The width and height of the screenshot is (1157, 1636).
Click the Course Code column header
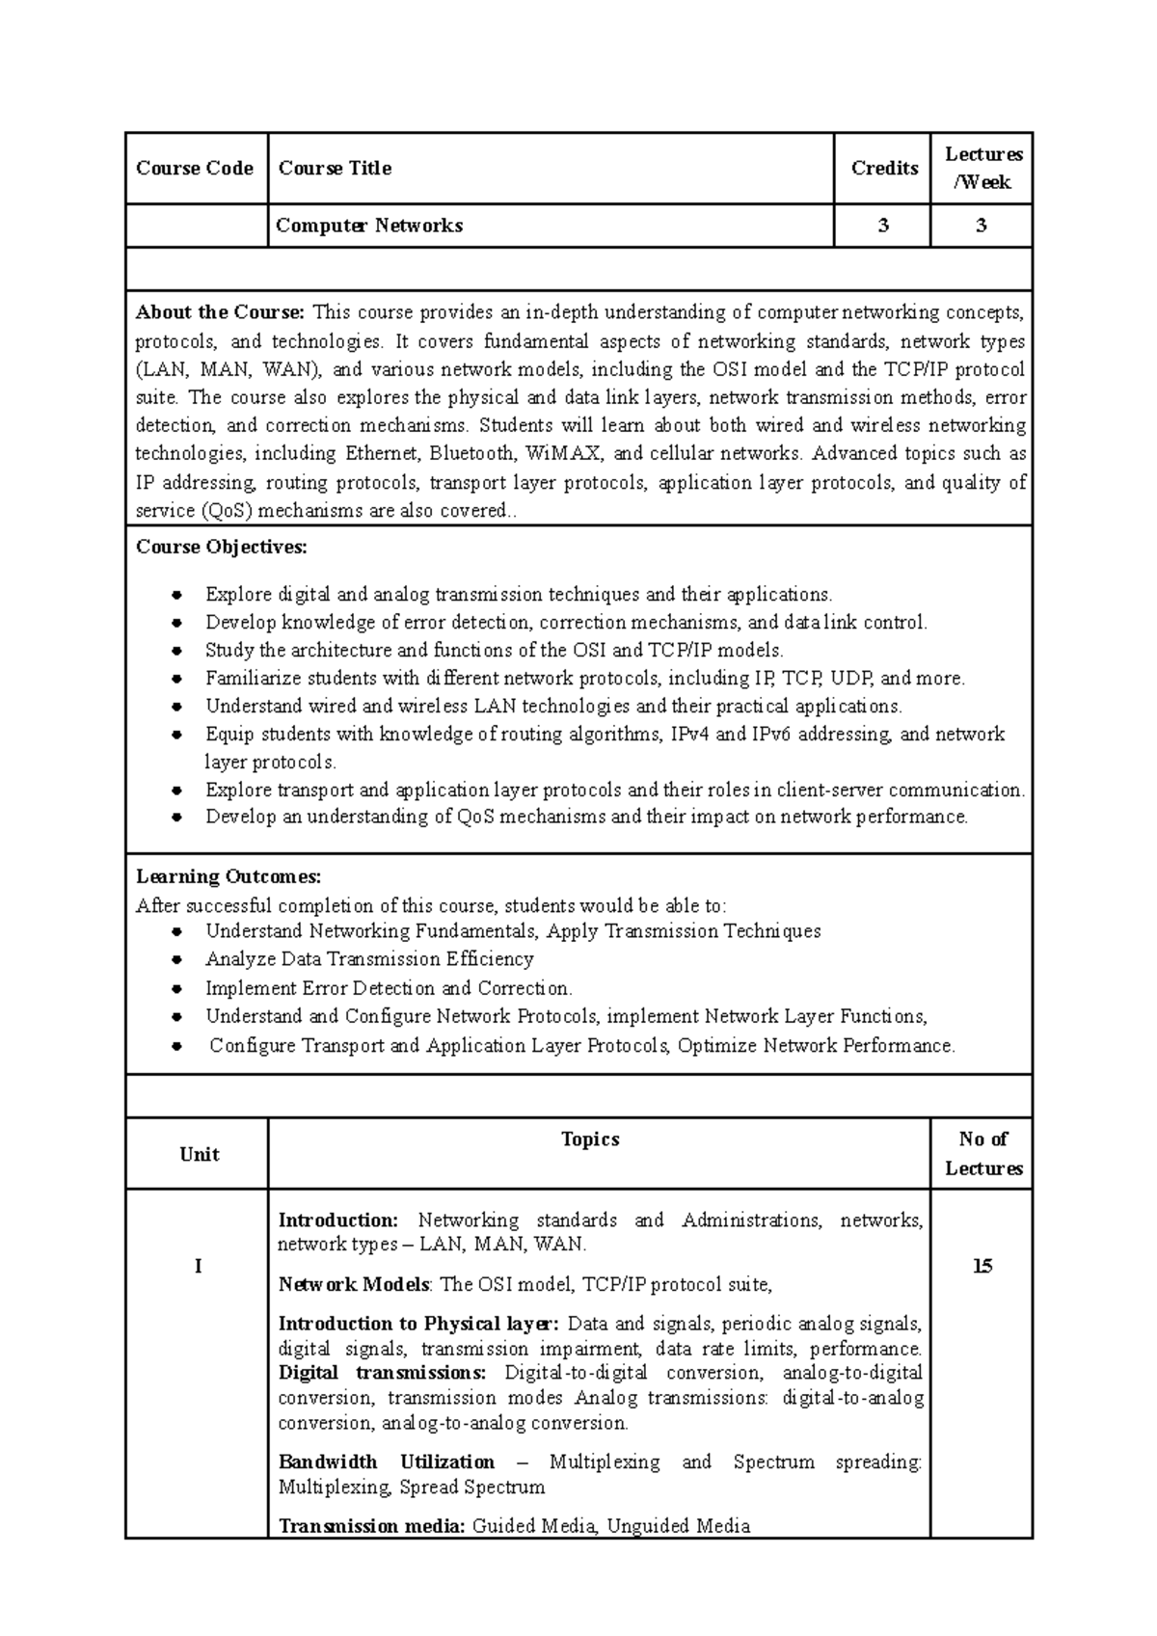coord(195,169)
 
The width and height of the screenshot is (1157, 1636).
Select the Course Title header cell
coord(335,169)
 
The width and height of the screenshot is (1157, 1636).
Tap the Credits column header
coord(883,169)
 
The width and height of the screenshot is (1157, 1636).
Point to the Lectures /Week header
coord(982,169)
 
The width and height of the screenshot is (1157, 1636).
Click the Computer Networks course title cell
coord(369,226)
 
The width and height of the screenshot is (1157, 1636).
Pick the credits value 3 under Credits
coord(883,226)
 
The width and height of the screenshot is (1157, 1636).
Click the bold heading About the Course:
coord(220,312)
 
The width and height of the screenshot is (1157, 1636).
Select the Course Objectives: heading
coord(222,548)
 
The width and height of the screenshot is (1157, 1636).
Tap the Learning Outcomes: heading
coord(229,877)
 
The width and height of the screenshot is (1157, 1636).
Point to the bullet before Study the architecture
coord(176,651)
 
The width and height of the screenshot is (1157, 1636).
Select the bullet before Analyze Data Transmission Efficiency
coord(176,960)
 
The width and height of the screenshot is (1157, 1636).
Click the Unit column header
coord(199,1155)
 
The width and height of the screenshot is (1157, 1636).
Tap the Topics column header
coord(590,1140)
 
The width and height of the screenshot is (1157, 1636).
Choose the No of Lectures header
coord(982,1154)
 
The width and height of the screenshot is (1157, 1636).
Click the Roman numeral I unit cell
coord(199,1267)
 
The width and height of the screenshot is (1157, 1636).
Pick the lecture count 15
coord(982,1267)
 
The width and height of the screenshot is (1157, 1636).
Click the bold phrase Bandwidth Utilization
coord(386,1462)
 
